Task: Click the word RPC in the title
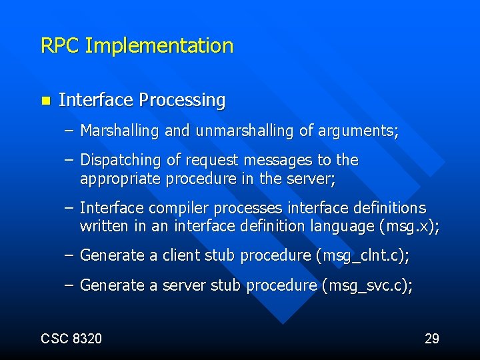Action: pyautogui.click(x=61, y=46)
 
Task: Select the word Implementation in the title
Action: pyautogui.click(x=159, y=47)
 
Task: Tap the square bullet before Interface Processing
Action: pyautogui.click(x=45, y=101)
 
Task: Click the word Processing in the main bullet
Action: pyautogui.click(x=181, y=101)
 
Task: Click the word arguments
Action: pyautogui.click(x=358, y=131)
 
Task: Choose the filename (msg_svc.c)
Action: pyautogui.click(x=367, y=286)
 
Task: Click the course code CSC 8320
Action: pyautogui.click(x=71, y=339)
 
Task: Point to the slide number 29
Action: pyautogui.click(x=431, y=339)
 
